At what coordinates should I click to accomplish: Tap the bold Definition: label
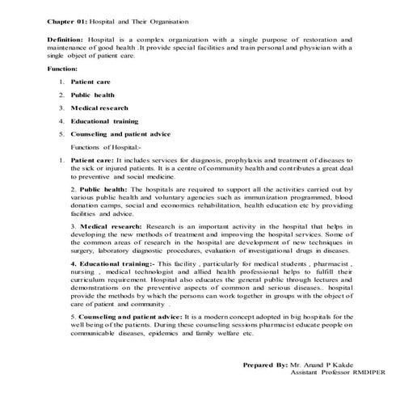(x=68, y=38)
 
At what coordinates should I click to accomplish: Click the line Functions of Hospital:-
(x=106, y=148)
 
